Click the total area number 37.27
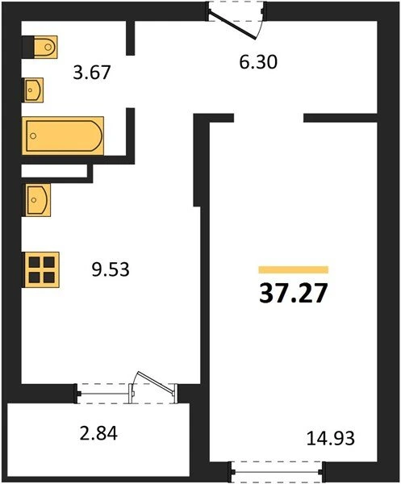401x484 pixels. [293, 293]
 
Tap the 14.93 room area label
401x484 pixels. [330, 438]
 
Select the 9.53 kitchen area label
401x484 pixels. [111, 269]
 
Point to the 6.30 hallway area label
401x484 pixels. [258, 62]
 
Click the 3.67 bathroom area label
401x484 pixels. [92, 73]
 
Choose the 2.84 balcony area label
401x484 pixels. [98, 432]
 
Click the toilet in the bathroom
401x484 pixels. [45, 48]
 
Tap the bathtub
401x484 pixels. [63, 136]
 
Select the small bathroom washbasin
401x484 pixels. [34, 90]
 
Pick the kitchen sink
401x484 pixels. [38, 200]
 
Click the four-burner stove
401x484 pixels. [42, 269]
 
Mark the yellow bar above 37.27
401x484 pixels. [293, 269]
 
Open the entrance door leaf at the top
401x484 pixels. [232, 25]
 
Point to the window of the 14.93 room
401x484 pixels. [277, 472]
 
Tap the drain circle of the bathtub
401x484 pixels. [33, 136]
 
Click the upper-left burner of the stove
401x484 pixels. [34, 262]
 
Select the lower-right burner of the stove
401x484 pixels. [49, 277]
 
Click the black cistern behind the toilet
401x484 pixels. [27, 48]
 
